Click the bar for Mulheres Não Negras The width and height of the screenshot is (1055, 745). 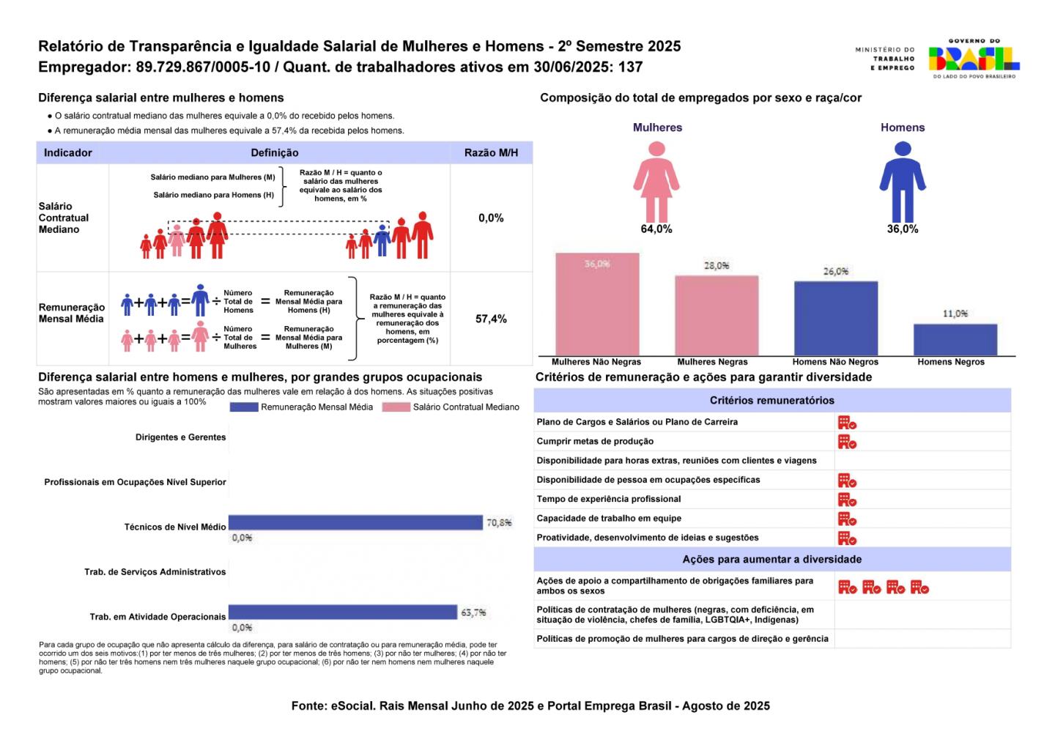(597, 304)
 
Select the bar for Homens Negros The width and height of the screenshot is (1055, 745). (955, 339)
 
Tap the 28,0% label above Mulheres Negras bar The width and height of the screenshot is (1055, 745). (716, 266)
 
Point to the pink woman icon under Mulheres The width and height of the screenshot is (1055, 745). (656, 180)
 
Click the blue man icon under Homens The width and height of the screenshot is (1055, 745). (903, 180)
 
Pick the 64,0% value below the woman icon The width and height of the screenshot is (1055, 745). (656, 229)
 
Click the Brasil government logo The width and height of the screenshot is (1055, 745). (974, 59)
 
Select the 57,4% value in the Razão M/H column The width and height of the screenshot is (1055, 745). (491, 319)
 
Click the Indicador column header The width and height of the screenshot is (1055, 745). (68, 153)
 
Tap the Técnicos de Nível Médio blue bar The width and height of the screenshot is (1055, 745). (355, 522)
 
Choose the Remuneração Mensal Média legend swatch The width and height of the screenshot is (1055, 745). (244, 407)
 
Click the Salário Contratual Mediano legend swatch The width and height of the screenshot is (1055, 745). (396, 407)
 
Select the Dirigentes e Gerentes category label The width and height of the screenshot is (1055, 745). (180, 437)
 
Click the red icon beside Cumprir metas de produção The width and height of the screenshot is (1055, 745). (847, 442)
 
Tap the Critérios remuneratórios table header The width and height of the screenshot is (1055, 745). (771, 401)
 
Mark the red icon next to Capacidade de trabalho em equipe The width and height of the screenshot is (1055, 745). (847, 519)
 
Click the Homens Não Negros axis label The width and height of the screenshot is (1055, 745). (835, 362)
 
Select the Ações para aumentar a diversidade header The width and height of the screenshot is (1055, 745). (771, 560)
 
